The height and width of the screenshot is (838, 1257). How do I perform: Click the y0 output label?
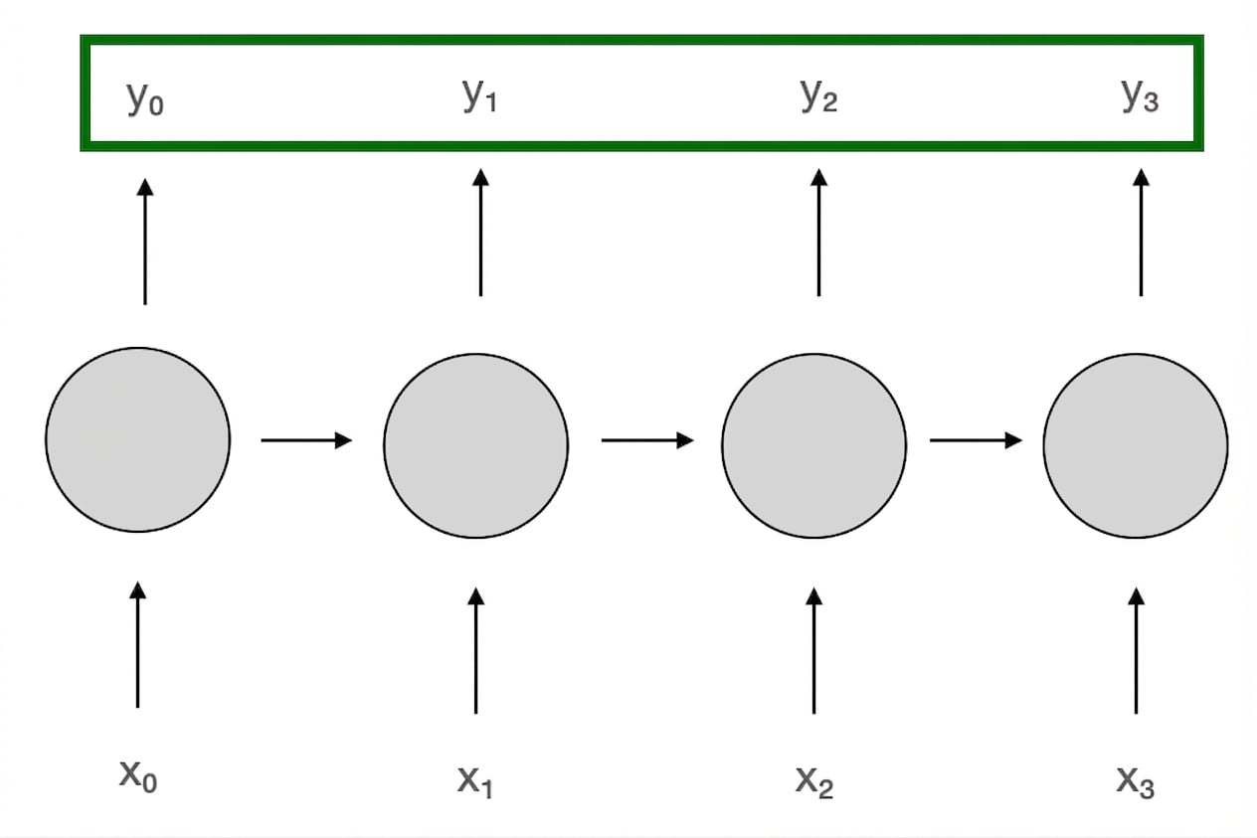click(x=145, y=98)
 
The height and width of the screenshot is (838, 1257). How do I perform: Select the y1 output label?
click(x=479, y=94)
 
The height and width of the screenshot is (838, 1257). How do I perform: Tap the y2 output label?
click(x=818, y=94)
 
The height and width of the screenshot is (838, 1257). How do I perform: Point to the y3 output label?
click(x=1141, y=94)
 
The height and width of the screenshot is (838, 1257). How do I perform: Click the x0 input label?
click(x=138, y=776)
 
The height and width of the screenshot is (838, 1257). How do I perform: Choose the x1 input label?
click(x=475, y=780)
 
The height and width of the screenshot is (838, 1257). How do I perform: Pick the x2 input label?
click(x=814, y=780)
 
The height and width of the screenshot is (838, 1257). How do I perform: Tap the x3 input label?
click(x=1136, y=780)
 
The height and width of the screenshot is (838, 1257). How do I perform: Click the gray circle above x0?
click(x=137, y=439)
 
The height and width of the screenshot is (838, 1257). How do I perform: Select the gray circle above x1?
click(x=476, y=446)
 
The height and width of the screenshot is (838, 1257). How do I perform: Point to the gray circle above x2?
click(x=814, y=446)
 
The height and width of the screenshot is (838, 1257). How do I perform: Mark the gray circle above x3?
click(x=1136, y=446)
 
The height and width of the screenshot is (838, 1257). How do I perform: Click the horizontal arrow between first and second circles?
click(x=306, y=440)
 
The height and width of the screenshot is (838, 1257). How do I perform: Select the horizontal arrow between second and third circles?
click(x=647, y=440)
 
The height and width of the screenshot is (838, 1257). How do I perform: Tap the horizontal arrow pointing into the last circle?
click(x=976, y=440)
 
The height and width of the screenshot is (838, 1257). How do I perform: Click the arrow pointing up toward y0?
click(x=145, y=242)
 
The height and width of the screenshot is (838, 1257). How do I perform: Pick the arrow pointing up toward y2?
click(x=818, y=233)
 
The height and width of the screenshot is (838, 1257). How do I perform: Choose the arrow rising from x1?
click(x=476, y=651)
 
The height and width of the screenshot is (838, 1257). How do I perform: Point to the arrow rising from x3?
click(x=1137, y=651)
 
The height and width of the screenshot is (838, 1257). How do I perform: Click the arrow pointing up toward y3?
click(x=1141, y=233)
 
